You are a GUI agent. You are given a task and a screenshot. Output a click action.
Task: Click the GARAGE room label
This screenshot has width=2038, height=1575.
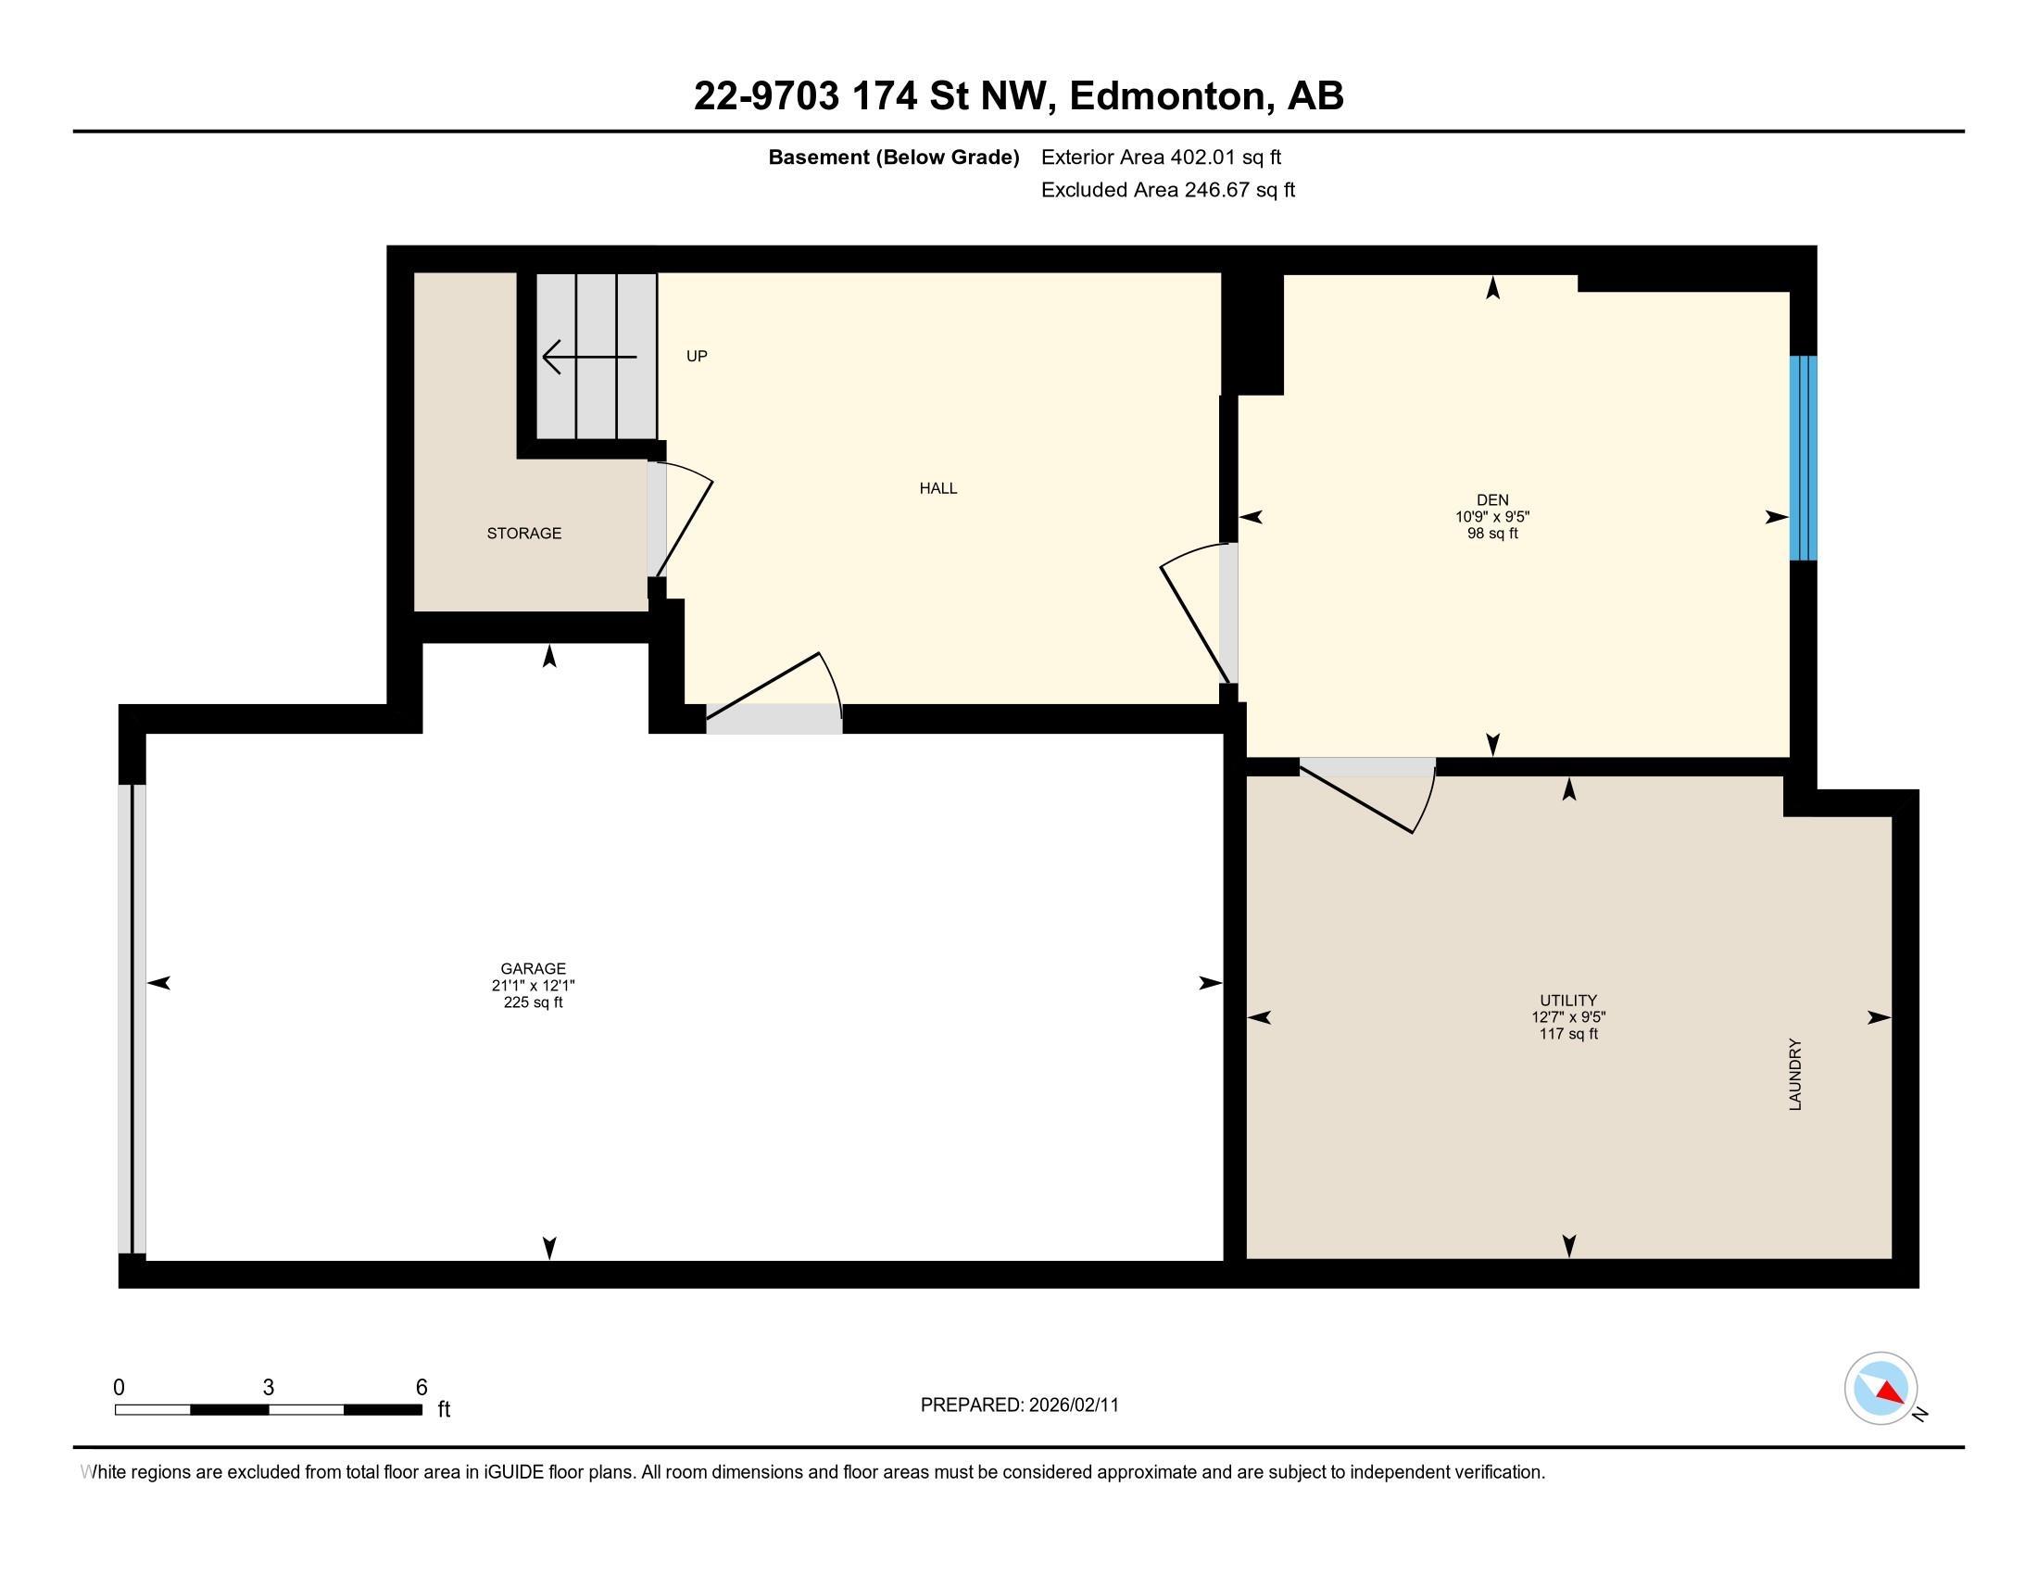[x=533, y=968]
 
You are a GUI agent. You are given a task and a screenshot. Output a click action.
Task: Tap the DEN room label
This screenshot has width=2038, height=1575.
[x=1492, y=500]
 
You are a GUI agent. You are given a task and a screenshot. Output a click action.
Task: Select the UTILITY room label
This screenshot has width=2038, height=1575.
[x=1568, y=1001]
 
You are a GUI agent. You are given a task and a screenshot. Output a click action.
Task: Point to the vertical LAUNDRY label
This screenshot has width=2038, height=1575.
[x=1794, y=1074]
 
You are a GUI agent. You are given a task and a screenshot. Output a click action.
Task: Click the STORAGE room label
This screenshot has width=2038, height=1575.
[x=523, y=533]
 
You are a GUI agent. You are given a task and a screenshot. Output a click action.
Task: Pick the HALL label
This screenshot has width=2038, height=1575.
[x=937, y=488]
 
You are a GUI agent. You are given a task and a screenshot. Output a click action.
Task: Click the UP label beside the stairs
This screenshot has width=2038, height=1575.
[x=696, y=356]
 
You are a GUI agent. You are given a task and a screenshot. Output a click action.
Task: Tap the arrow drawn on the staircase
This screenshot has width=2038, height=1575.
[x=590, y=357]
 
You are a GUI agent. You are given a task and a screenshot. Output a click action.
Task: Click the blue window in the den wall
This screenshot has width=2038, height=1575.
[x=1803, y=458]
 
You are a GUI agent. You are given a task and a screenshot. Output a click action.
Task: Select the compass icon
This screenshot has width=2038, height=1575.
[x=1881, y=1388]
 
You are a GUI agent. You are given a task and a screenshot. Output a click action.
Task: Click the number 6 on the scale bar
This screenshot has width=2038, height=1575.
[x=421, y=1388]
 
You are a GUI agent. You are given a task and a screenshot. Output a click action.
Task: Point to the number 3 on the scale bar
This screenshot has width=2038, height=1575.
[x=269, y=1388]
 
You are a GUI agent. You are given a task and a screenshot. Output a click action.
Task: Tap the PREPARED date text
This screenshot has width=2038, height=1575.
[x=1019, y=1405]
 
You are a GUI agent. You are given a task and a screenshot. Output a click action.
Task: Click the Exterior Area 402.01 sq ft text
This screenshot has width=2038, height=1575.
[x=1161, y=157]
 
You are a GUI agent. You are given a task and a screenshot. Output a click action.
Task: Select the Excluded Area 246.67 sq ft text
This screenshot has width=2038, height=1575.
[x=1168, y=189]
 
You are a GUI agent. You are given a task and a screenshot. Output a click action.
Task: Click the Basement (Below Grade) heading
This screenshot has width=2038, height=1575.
[x=893, y=157]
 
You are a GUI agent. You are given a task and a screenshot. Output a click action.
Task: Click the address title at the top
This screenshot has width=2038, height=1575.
[x=1019, y=95]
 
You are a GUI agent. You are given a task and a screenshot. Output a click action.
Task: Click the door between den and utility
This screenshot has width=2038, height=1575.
[x=1368, y=795]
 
